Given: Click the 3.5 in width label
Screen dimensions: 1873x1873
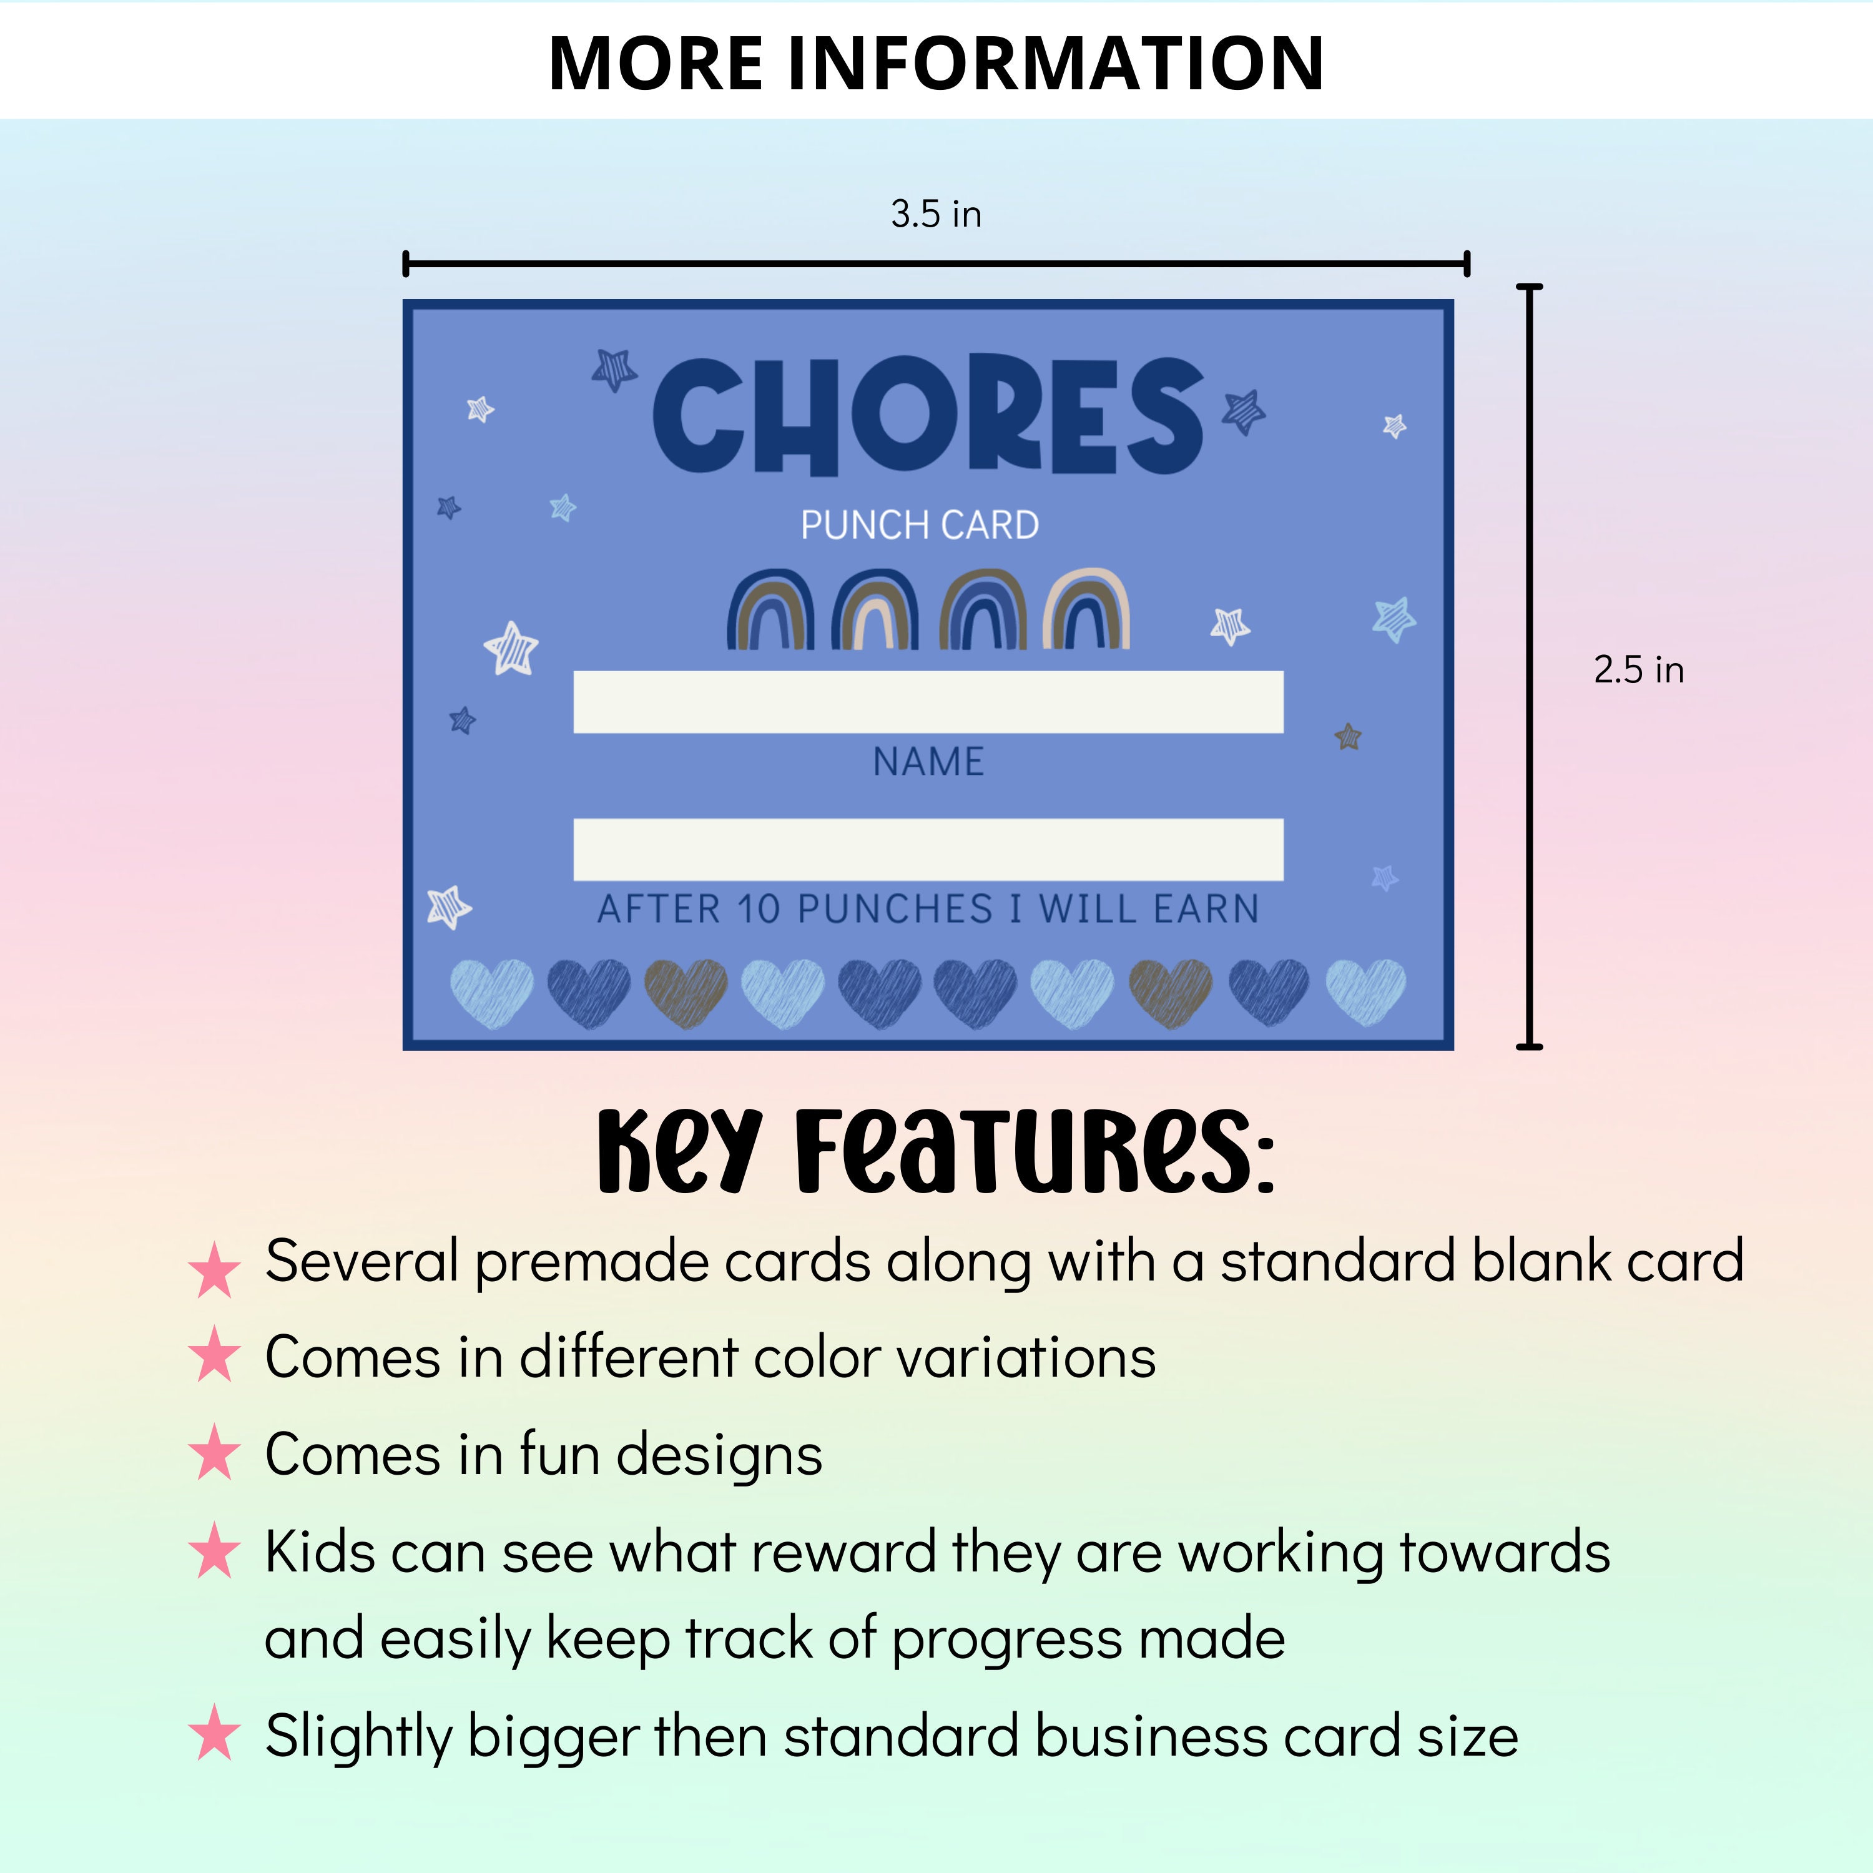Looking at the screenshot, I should [935, 214].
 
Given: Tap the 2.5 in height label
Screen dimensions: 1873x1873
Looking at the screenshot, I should [1638, 670].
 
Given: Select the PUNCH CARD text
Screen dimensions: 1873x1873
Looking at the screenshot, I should [919, 526].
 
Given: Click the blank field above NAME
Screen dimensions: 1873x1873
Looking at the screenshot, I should [928, 702].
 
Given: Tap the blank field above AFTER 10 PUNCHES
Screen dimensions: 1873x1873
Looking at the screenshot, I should [928, 849].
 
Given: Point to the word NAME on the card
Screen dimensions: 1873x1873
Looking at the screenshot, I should [928, 762].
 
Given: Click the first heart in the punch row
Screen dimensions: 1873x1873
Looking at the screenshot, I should [491, 993].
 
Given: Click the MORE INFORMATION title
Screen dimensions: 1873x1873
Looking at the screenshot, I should [935, 64].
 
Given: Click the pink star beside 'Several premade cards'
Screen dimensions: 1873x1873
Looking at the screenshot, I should [214, 1270].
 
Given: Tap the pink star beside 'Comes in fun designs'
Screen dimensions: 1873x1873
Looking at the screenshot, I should [214, 1453].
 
